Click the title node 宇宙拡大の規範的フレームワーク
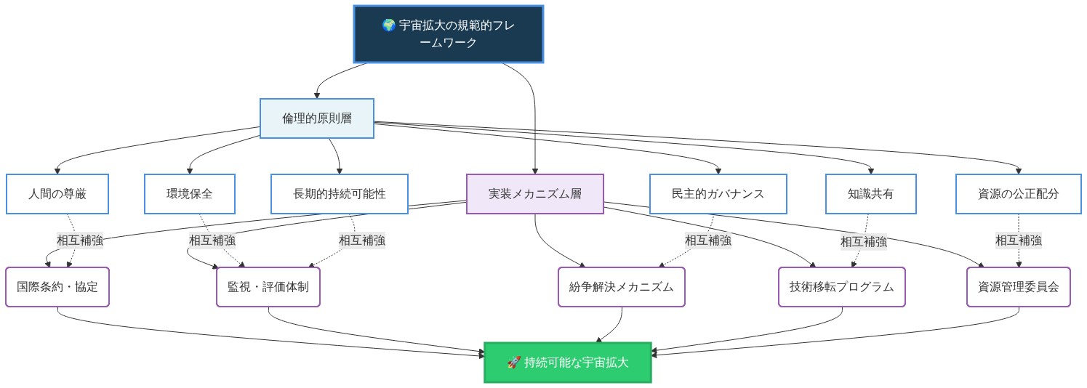pos(449,34)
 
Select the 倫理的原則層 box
pos(317,118)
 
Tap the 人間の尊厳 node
pos(57,194)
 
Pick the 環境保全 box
pos(190,194)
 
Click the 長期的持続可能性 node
pos(340,194)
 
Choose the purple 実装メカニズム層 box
pos(534,194)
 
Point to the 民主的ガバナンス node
pos(718,194)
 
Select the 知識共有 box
pos(870,194)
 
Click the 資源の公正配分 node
pos(1018,194)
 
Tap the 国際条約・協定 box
pos(57,287)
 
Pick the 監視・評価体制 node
pos(268,287)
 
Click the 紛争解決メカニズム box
pos(622,287)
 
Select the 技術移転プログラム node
pos(841,287)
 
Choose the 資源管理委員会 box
pos(1018,287)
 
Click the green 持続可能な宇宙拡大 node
pos(567,363)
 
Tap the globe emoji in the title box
pos(389,25)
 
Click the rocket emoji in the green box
pos(513,363)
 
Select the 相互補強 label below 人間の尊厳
pos(79,241)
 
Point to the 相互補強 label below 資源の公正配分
pos(1018,241)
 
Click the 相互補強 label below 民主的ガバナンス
pos(707,241)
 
